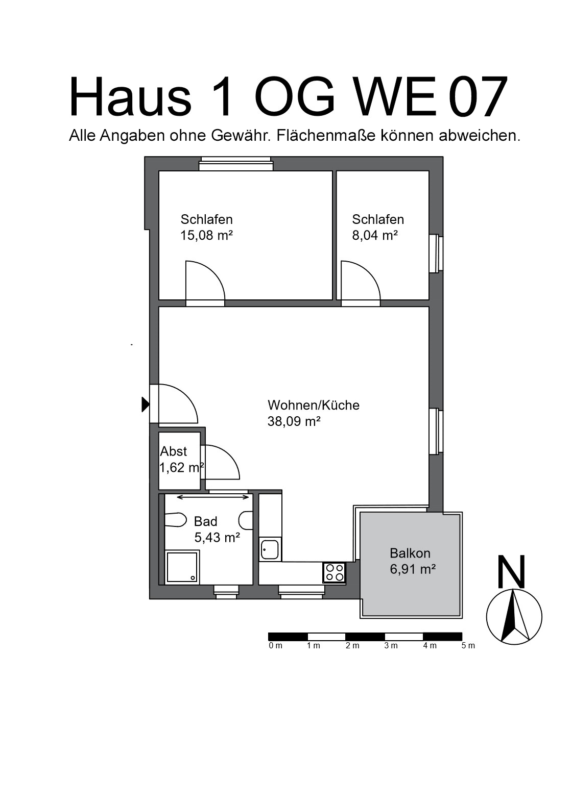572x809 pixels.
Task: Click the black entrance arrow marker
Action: (x=146, y=404)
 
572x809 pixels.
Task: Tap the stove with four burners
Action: (x=334, y=572)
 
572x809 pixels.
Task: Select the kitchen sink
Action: (x=269, y=549)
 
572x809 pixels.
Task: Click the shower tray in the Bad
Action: (x=182, y=567)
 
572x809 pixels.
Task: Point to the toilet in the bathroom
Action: (x=175, y=520)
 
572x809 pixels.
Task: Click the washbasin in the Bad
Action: (x=246, y=520)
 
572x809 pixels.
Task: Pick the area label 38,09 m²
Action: (x=294, y=422)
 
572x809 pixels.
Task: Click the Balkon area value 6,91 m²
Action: (x=413, y=569)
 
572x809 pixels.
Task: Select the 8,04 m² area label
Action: (x=375, y=236)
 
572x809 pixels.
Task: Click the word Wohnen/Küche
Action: (x=314, y=406)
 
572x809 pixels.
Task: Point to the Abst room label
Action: (x=174, y=451)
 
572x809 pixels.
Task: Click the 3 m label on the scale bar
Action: (x=391, y=646)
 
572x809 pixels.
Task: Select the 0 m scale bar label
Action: (x=275, y=646)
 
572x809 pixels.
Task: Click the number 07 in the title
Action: (x=478, y=97)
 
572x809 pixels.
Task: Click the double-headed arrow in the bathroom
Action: (x=213, y=497)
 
